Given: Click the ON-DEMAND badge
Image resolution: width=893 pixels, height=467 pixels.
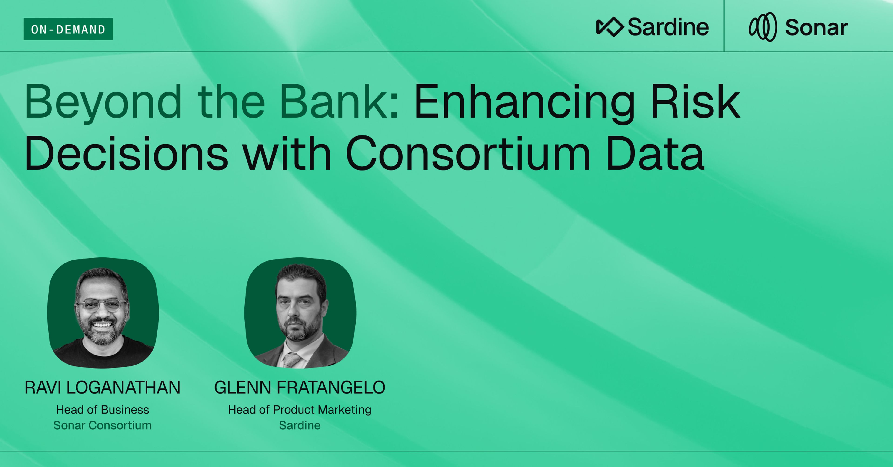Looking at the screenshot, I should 68,29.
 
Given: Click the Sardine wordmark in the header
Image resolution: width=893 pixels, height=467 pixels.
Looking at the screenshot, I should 668,27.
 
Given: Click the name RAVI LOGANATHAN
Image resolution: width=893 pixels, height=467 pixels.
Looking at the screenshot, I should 102,387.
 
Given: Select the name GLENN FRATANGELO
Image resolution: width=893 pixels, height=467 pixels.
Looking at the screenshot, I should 300,387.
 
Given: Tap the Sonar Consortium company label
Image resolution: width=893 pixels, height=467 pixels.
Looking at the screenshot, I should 102,425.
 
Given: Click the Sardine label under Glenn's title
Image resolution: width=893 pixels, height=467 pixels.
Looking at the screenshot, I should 300,425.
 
